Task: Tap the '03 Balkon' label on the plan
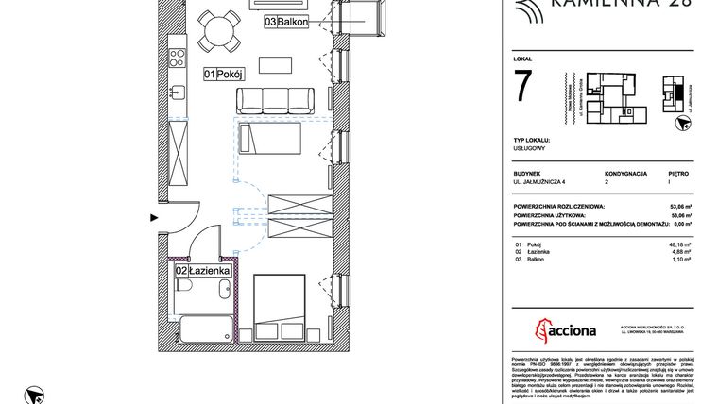(x=286, y=23)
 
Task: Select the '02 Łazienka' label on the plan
(x=197, y=272)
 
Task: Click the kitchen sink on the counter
(x=177, y=93)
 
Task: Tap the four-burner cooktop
(x=177, y=59)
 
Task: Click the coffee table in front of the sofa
(x=276, y=65)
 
